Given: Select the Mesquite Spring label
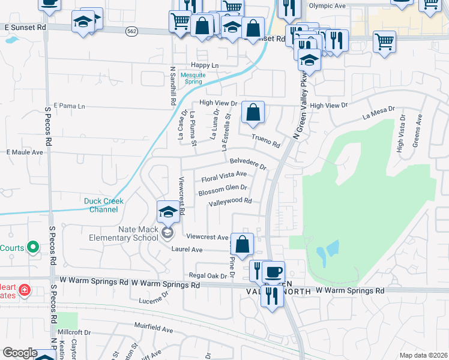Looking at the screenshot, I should (193, 78).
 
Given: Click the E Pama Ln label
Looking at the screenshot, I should (70, 106).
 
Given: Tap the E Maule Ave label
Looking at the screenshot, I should (25, 152).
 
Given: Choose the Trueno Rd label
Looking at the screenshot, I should (266, 142).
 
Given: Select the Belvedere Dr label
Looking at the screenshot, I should (247, 163).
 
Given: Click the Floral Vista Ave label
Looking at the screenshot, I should (224, 177).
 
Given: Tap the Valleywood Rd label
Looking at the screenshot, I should (230, 203).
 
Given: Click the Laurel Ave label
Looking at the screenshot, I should (187, 249).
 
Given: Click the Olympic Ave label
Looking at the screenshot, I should (328, 6).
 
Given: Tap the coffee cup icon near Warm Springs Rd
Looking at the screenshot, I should (273, 272).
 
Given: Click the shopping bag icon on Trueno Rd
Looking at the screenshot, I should (253, 112).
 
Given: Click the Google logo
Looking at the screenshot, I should (20, 352).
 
